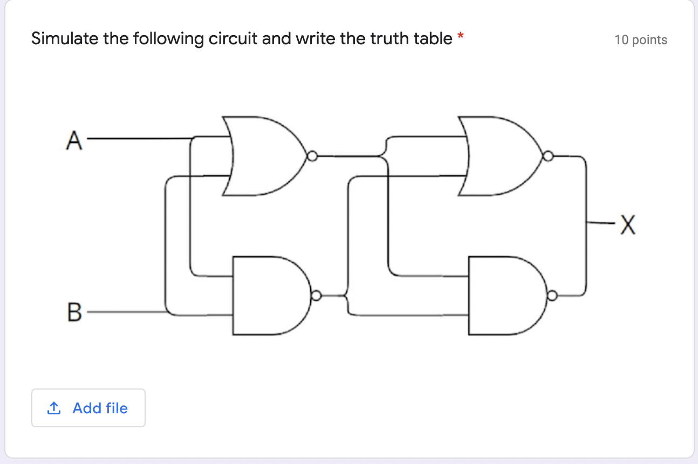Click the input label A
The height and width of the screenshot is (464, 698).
74,141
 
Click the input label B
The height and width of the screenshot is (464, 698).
74,312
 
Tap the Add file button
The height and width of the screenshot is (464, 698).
88,408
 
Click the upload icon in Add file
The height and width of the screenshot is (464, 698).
54,408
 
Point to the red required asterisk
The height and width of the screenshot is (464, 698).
460,37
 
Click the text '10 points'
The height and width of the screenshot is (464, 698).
640,40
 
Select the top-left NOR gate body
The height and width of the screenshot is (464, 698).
264,156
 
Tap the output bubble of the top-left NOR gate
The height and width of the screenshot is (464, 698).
311,157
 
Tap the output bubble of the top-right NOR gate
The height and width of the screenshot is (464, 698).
548,157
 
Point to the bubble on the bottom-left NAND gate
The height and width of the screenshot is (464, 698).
317,296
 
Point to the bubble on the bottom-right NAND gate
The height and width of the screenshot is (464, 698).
552,296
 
